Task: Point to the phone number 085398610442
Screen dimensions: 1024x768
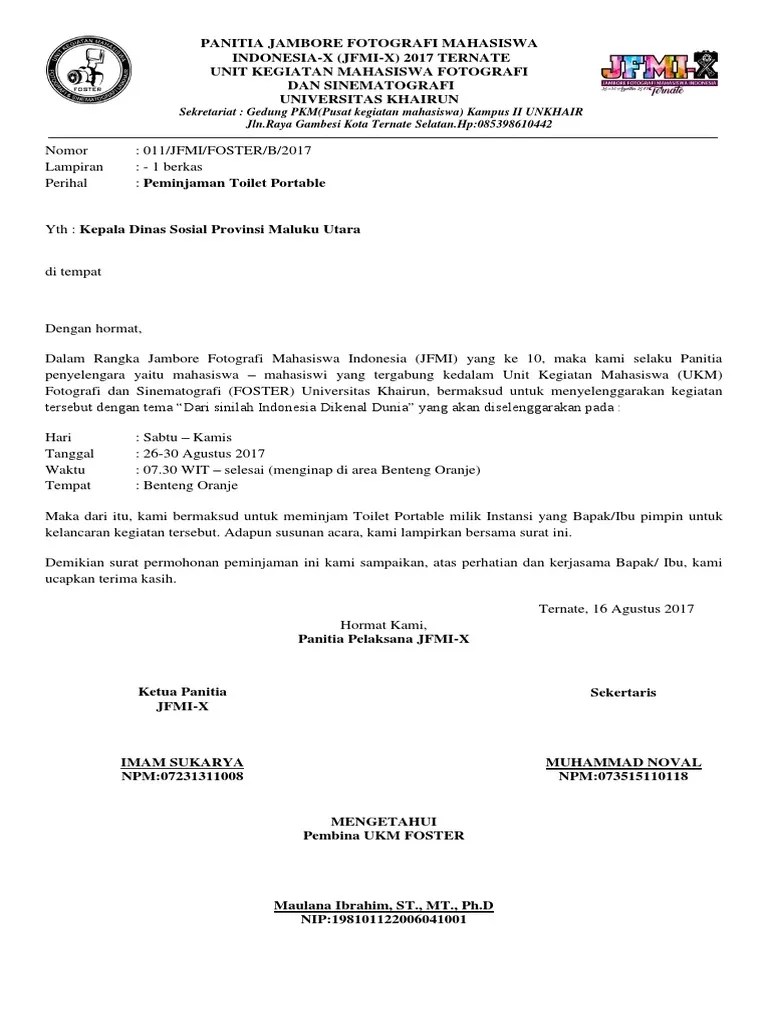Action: (509, 126)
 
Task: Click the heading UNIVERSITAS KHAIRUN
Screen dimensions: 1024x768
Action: (369, 99)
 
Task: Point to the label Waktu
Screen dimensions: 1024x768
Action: (66, 469)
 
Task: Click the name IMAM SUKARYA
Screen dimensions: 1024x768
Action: (182, 762)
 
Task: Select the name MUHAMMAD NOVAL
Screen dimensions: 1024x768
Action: (623, 762)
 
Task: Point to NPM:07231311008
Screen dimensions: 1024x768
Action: (182, 777)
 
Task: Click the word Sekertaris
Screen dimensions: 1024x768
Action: (623, 692)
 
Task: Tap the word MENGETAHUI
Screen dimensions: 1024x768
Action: (383, 820)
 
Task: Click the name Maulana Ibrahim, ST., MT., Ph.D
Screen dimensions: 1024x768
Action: (383, 906)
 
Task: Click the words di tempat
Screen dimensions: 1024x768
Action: (73, 271)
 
